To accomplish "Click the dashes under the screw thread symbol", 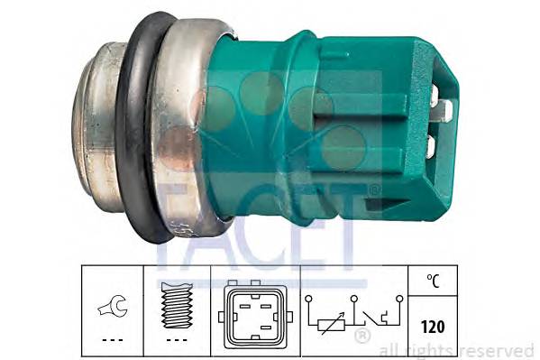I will (178, 340).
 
